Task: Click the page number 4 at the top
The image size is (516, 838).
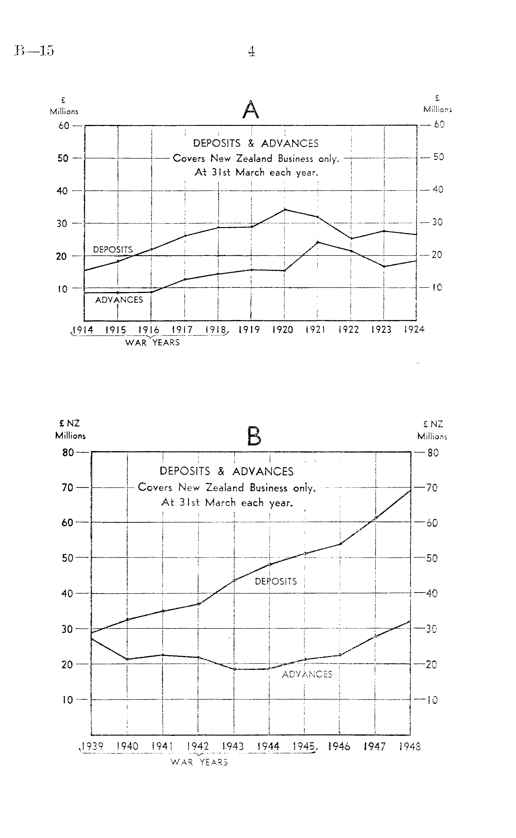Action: [x=251, y=51]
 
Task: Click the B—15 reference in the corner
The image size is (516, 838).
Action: [x=34, y=50]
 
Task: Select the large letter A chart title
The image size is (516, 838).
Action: [x=251, y=110]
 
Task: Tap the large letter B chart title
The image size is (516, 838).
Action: [x=254, y=436]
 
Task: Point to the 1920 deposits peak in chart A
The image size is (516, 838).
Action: [x=285, y=209]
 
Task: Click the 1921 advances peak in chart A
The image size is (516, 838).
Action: [x=318, y=242]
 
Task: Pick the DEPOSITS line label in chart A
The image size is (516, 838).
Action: [x=113, y=250]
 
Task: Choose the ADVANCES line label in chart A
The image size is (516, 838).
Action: [x=119, y=300]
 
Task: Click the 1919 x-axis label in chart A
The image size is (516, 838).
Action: [x=249, y=330]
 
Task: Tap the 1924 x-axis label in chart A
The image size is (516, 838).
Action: [x=414, y=330]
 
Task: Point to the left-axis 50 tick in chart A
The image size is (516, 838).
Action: [x=63, y=158]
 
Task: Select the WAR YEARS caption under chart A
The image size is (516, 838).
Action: [x=152, y=343]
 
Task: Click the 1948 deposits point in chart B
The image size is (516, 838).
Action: [x=410, y=490]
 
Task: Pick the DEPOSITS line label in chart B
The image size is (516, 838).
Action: [x=276, y=582]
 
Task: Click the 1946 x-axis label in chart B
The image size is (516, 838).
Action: [x=339, y=746]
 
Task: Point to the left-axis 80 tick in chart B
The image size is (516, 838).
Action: [x=68, y=452]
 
